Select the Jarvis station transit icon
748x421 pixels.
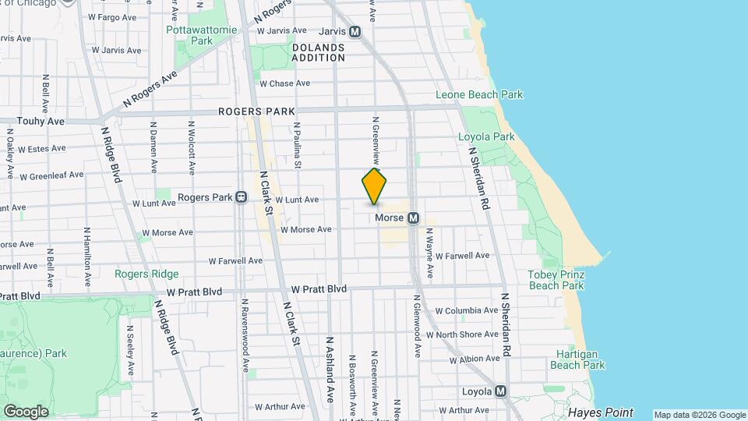tap(355, 32)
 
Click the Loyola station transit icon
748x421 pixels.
tap(501, 391)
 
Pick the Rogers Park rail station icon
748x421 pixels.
tap(242, 197)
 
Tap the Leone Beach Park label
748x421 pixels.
tap(478, 95)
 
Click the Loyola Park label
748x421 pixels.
tap(486, 136)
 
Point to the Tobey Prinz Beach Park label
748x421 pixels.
tap(556, 280)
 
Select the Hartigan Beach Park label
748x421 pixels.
tap(577, 359)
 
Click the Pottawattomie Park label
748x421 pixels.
tap(189, 35)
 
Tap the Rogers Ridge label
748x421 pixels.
tap(146, 274)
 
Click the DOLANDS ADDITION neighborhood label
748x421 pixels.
tap(318, 52)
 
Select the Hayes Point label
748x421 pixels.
tap(600, 412)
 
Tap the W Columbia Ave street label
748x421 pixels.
tap(466, 311)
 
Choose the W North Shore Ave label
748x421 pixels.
tap(467, 334)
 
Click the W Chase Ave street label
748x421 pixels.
tap(284, 83)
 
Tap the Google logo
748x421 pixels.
tap(26, 411)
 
